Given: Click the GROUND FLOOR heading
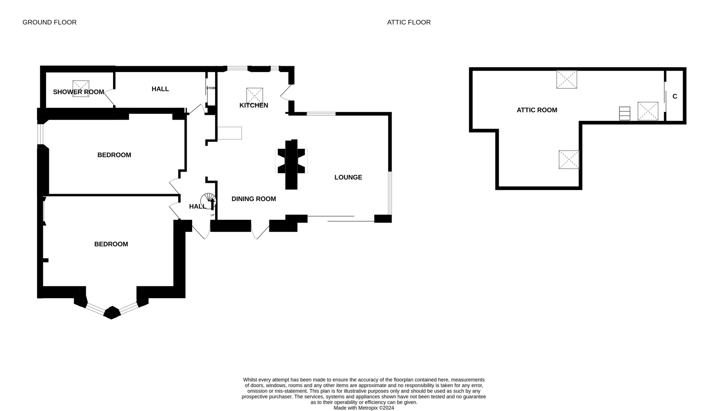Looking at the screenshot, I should [49, 22].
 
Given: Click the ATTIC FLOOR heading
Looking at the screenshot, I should [409, 22].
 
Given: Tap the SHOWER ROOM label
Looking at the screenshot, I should [78, 92].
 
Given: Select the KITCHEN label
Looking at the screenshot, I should [254, 105].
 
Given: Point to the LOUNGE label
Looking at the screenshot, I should [348, 177].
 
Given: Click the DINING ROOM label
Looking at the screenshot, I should [253, 199].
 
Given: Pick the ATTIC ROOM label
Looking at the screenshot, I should [536, 110].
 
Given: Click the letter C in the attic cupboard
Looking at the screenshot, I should [675, 96].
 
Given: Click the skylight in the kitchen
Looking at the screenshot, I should [254, 96].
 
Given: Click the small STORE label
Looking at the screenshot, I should [211, 88].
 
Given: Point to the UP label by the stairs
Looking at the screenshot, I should [212, 215].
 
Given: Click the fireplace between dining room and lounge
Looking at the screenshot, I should [291, 165].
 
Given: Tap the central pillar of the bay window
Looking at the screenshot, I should [112, 313].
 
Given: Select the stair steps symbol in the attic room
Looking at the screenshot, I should [625, 113].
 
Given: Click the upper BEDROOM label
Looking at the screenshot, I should [114, 155].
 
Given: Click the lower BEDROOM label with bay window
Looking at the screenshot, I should [111, 244].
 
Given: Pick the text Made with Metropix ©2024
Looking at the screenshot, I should [364, 408].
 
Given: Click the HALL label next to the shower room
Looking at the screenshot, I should [160, 89].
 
